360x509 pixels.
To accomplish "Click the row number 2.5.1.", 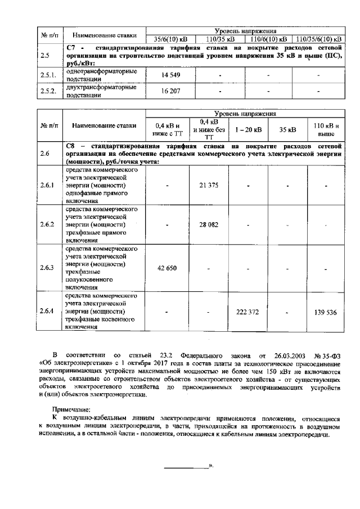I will tap(49, 75).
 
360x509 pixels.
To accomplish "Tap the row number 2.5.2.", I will tap(49, 91).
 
